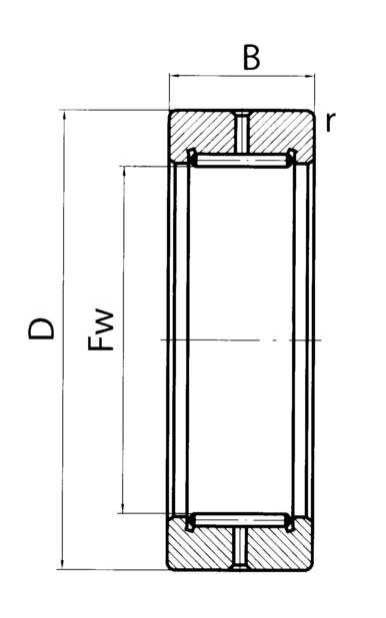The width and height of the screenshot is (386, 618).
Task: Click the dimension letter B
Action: coord(251,58)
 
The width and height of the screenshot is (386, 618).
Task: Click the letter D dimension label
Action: coord(41,328)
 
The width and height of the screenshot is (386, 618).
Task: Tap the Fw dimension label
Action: coord(101,329)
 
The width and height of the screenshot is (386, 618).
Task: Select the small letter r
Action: coord(330,122)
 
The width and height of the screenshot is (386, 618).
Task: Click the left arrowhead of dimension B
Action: coord(174,75)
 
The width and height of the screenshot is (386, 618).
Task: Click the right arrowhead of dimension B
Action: coord(310,75)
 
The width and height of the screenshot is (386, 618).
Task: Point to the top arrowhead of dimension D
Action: coord(63,115)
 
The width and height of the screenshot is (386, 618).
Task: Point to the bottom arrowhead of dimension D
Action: coord(62,564)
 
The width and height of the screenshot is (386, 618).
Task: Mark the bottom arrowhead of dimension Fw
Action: coord(123,508)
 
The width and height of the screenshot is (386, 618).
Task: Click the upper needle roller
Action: coord(242,161)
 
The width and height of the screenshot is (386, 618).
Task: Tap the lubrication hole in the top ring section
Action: coord(242,133)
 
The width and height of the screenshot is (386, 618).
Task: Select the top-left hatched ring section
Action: coord(202,135)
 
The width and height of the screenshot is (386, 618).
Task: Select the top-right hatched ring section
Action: coord(281,135)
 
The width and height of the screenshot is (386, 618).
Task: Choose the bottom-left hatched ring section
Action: coord(200,545)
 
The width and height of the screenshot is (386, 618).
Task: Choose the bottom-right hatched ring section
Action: coord(280,545)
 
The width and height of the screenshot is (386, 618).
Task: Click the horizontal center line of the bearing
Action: coord(241,339)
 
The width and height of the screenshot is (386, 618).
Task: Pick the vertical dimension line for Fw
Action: coord(124,339)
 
